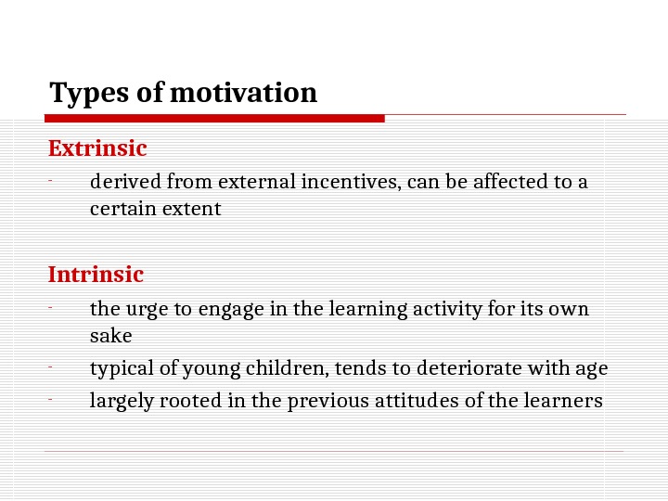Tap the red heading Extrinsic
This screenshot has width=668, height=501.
click(x=97, y=148)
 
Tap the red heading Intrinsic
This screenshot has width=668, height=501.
click(x=96, y=275)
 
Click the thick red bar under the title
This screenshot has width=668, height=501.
click(x=214, y=119)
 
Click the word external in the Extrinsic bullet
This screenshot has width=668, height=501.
click(x=263, y=181)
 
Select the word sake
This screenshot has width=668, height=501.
click(x=111, y=335)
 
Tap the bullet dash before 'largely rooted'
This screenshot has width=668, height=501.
click(x=52, y=401)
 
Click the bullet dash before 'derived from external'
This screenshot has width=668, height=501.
click(x=52, y=181)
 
